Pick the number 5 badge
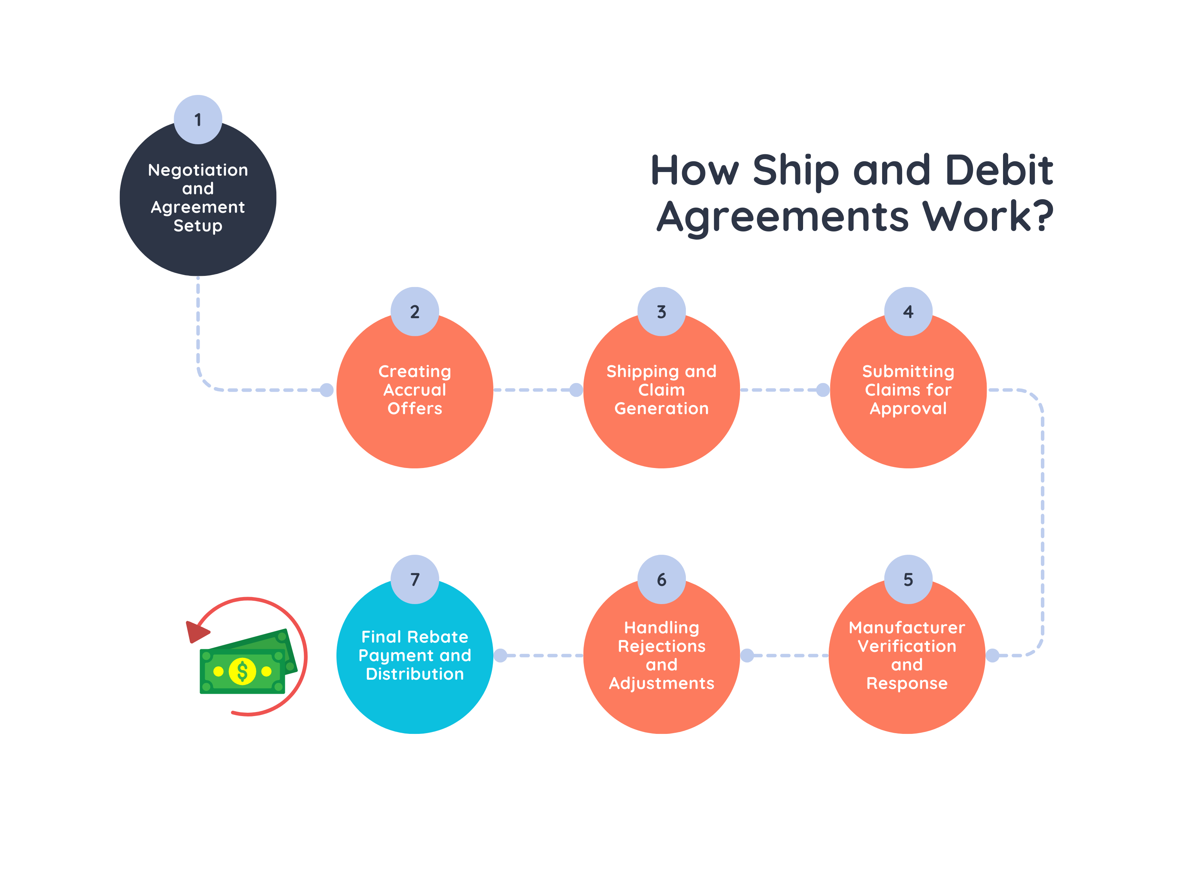(908, 579)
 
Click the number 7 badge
(414, 579)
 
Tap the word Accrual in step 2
(414, 390)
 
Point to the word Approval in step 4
(908, 409)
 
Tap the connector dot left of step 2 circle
(326, 390)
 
